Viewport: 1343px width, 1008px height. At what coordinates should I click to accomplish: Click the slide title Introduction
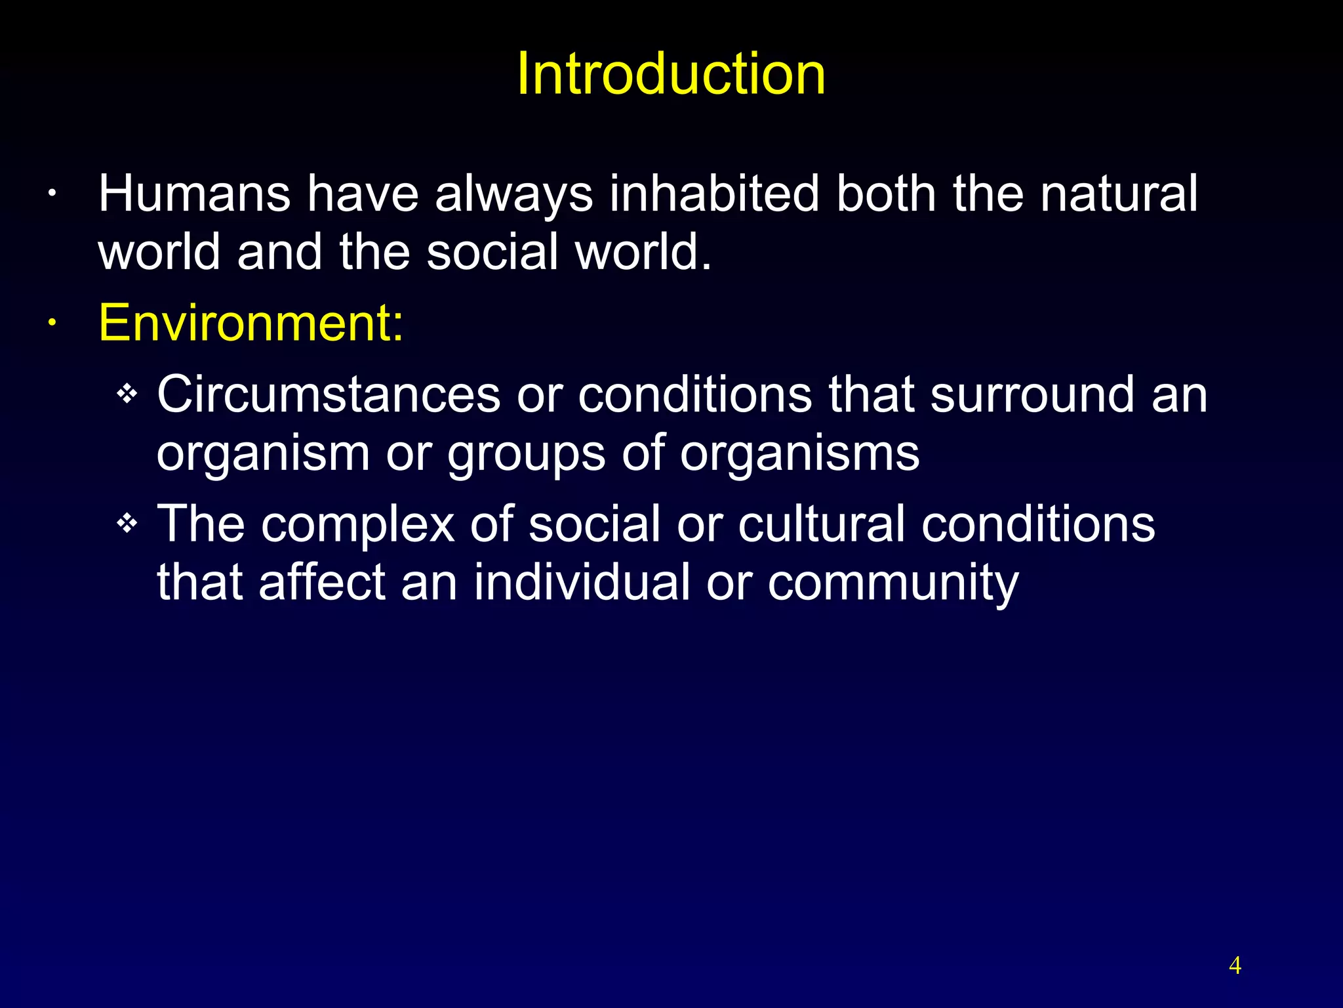coord(671,73)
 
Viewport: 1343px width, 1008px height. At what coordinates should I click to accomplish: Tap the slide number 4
coord(1235,965)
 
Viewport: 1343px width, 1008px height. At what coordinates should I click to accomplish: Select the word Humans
coord(194,194)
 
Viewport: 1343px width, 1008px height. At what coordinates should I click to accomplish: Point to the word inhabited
coord(714,194)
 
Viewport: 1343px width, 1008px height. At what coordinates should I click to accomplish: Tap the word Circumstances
coord(329,394)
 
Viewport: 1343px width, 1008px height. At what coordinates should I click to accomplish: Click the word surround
coord(1032,394)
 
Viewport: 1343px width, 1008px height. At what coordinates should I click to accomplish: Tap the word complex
coord(357,524)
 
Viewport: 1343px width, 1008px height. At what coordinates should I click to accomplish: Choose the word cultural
coord(822,524)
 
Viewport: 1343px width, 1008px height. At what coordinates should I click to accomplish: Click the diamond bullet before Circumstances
coord(127,394)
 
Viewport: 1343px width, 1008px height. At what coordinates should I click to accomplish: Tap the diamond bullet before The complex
coord(127,524)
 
